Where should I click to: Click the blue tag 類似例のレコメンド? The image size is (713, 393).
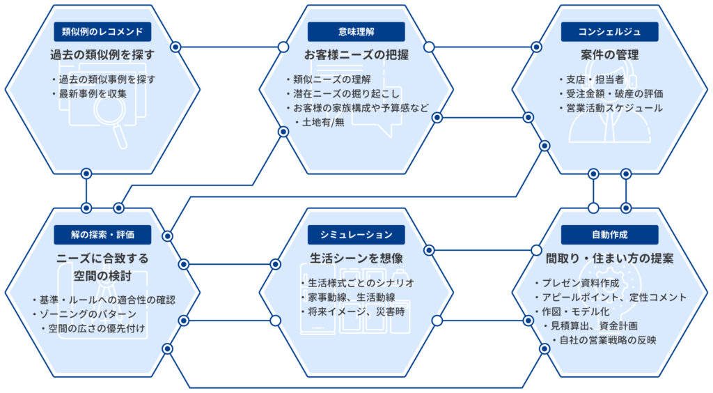tap(102, 32)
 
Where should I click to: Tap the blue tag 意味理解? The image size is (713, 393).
tap(356, 32)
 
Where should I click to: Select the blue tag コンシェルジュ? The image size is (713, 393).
tap(609, 32)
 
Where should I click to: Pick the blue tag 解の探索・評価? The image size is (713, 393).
tap(102, 235)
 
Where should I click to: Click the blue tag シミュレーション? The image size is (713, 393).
tap(356, 235)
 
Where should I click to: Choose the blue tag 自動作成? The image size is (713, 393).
tap(609, 235)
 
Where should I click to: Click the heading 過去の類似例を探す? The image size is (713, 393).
tap(102, 55)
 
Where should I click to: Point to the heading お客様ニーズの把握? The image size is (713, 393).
tap(356, 55)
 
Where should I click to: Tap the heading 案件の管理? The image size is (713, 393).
tap(609, 55)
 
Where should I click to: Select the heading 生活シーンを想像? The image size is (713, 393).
tap(356, 259)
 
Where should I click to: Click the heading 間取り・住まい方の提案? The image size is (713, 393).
tap(609, 259)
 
